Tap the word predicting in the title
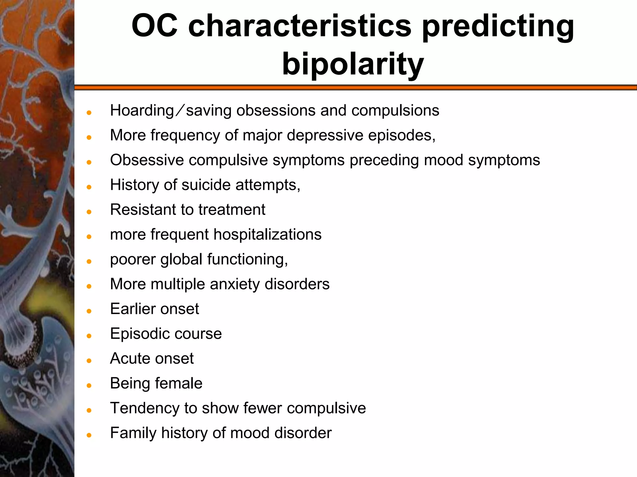click(x=498, y=26)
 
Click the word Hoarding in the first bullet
click(x=142, y=111)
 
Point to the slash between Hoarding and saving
click(x=180, y=111)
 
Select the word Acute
click(x=130, y=359)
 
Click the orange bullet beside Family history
click(x=89, y=435)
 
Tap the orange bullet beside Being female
click(x=89, y=386)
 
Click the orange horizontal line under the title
click(x=355, y=88)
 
